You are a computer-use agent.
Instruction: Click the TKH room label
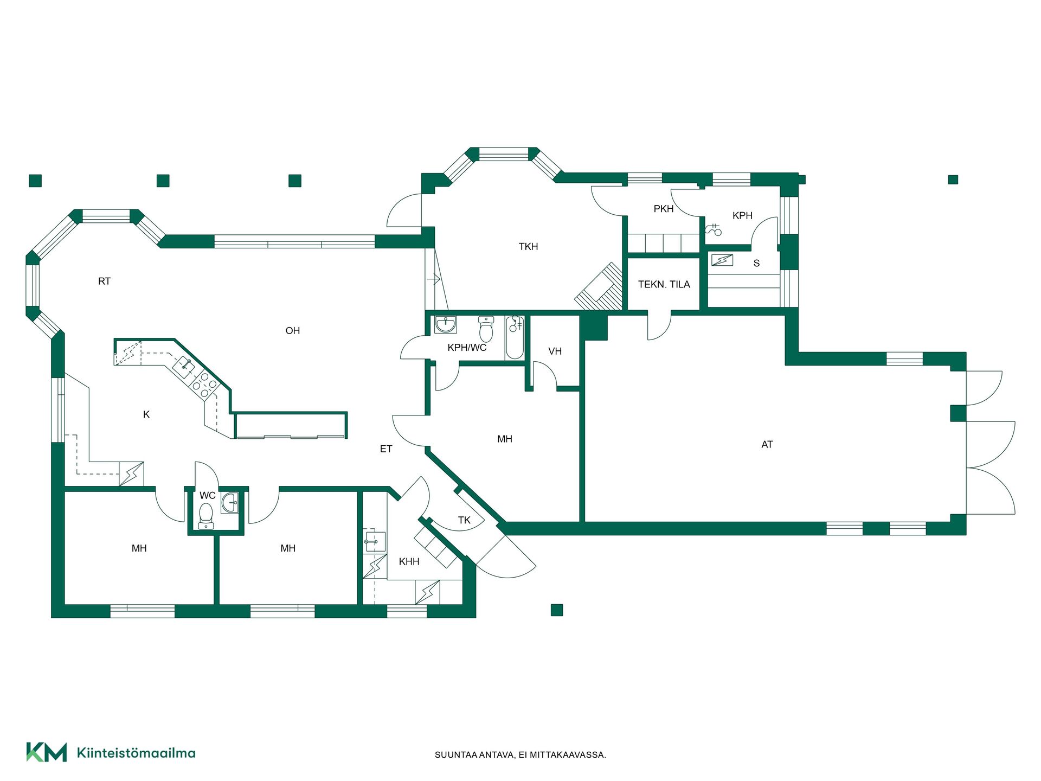pyautogui.click(x=528, y=247)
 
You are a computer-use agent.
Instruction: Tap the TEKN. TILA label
pyautogui.click(x=664, y=284)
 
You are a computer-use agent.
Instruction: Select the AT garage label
pyautogui.click(x=767, y=445)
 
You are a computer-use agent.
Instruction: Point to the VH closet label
pyautogui.click(x=555, y=351)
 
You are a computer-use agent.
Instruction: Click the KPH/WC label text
pyautogui.click(x=467, y=348)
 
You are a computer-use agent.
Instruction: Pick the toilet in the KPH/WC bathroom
pyautogui.click(x=486, y=329)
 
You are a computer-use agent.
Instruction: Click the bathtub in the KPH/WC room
pyautogui.click(x=515, y=337)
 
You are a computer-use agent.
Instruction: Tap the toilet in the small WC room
pyautogui.click(x=206, y=516)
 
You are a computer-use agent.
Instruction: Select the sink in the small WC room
pyautogui.click(x=230, y=503)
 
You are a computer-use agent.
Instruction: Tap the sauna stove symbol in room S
pyautogui.click(x=722, y=260)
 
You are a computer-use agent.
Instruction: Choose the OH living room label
pyautogui.click(x=293, y=331)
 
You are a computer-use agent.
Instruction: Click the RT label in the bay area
pyautogui.click(x=104, y=281)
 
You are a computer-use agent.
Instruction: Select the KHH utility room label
pyautogui.click(x=409, y=562)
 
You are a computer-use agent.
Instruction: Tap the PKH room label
pyautogui.click(x=664, y=209)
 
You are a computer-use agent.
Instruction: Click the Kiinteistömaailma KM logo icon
pyautogui.click(x=47, y=752)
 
